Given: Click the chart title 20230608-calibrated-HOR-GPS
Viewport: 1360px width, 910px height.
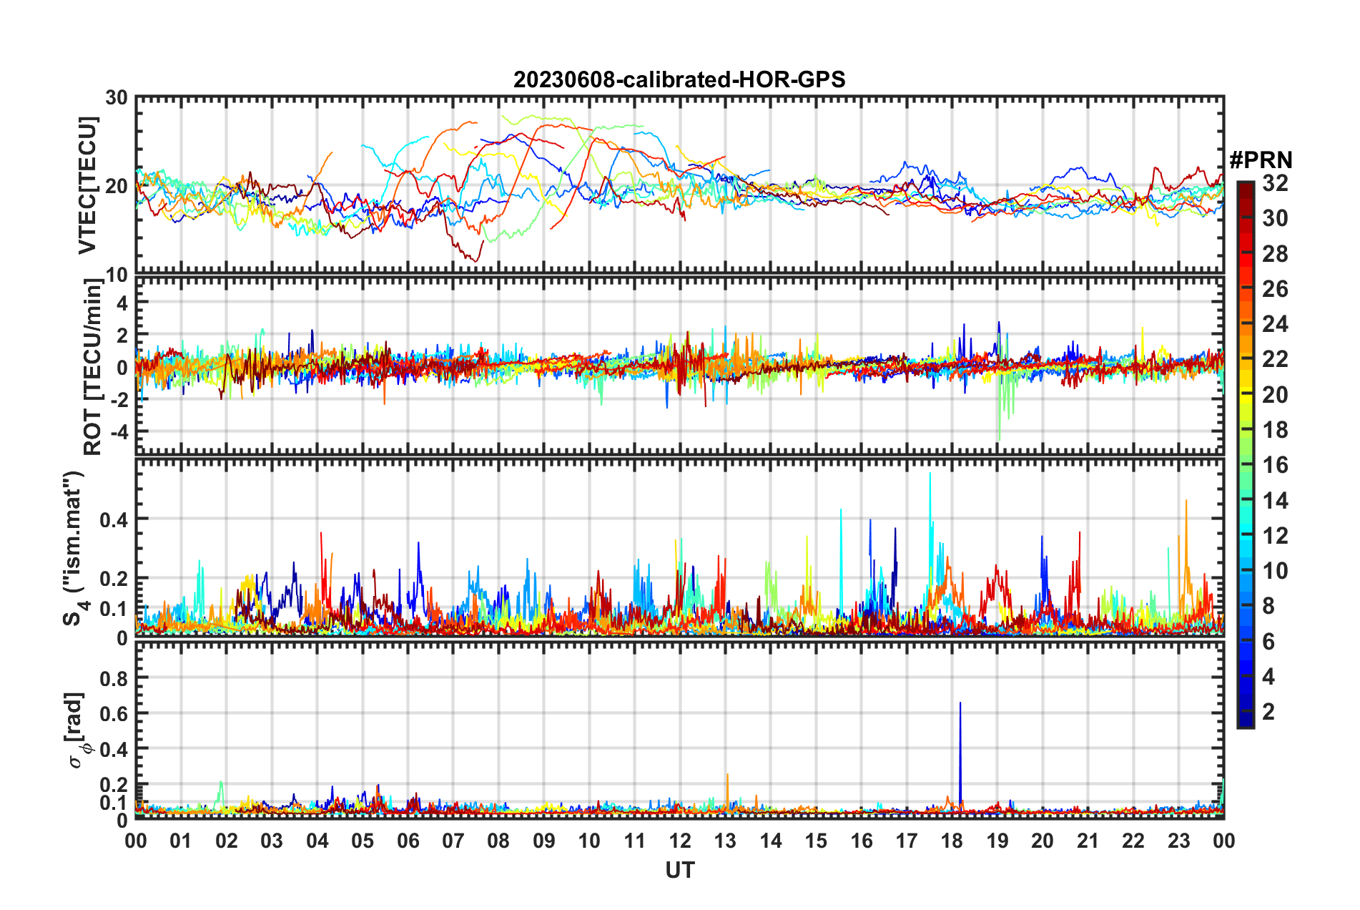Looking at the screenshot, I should (x=679, y=79).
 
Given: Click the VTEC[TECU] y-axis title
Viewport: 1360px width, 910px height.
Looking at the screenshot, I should (x=87, y=185).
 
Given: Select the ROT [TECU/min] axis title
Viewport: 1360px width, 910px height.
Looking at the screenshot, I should (x=93, y=367).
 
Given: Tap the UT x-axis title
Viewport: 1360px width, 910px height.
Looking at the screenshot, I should (x=679, y=870).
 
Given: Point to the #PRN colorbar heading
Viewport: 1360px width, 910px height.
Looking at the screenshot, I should (x=1261, y=160).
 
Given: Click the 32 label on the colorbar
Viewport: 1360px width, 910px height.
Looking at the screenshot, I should (x=1275, y=183).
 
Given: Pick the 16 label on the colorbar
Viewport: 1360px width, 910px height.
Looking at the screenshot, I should (x=1275, y=465).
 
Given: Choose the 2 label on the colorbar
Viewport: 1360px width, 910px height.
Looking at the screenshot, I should (x=1268, y=711).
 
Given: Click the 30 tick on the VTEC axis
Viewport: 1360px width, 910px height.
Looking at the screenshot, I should (x=117, y=97).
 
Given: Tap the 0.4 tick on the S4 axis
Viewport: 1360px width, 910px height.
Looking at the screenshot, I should (x=114, y=519).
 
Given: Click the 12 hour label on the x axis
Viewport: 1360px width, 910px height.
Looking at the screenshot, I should (x=680, y=841).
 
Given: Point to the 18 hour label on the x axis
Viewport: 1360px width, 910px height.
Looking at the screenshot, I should (x=952, y=841).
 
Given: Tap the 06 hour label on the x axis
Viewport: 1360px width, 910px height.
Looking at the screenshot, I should (x=408, y=841).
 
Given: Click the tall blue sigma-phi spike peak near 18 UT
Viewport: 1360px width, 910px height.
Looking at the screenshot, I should (x=960, y=703).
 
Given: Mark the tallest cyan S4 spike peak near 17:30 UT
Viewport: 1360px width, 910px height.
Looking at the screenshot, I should (x=930, y=474).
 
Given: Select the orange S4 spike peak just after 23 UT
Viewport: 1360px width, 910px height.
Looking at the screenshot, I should (x=1186, y=501).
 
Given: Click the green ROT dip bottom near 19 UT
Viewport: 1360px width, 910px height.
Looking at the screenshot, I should (x=999, y=438).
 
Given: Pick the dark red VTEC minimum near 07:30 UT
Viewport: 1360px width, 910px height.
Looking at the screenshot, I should (x=476, y=261).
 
